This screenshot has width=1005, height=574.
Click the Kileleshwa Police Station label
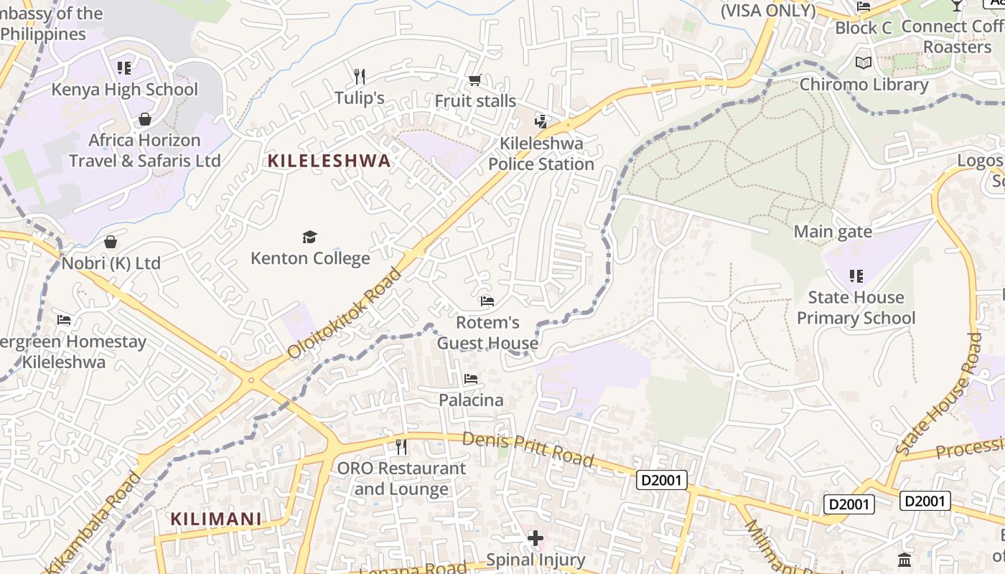[541, 154]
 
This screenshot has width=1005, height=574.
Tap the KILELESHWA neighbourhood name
[329, 161]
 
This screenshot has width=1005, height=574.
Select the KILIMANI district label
[216, 518]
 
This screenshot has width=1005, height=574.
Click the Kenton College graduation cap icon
[309, 237]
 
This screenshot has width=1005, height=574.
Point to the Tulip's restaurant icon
[360, 76]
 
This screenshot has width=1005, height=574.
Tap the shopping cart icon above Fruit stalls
[475, 80]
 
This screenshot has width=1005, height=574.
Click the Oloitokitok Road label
[345, 314]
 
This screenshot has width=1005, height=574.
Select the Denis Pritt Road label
[528, 448]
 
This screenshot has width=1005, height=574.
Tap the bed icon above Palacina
[471, 378]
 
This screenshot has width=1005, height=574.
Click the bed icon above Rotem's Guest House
[487, 301]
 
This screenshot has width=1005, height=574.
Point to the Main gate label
[833, 232]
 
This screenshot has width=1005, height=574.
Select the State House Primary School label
[856, 308]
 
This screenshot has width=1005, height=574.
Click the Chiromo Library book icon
[864, 63]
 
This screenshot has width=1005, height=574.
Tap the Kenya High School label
[124, 90]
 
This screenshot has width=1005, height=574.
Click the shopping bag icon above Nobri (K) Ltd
[111, 242]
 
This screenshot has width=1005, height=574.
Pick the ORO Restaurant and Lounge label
[401, 479]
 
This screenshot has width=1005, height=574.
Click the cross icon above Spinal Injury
[536, 537]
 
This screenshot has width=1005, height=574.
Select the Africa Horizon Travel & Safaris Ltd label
[144, 150]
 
